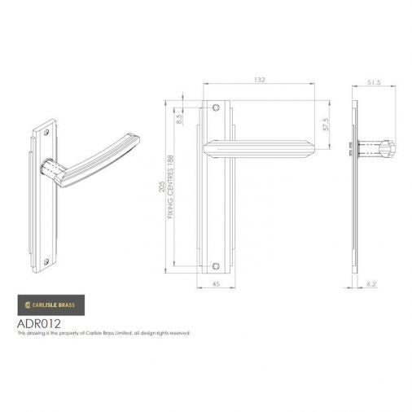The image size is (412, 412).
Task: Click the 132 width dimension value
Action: coord(261,81)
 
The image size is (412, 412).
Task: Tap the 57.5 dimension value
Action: coord(325,125)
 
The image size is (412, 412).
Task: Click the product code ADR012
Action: coord(38,322)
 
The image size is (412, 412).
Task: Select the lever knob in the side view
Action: coord(384,149)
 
